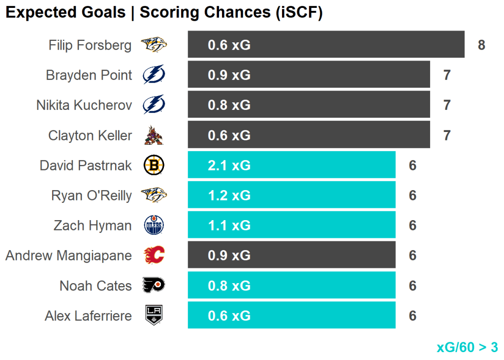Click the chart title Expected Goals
pos(65,12)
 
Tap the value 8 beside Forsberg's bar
pos(481,45)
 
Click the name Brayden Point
pos(89,75)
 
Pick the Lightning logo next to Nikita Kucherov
pos(154,105)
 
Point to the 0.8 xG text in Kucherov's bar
pos(229,105)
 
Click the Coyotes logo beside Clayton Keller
pos(154,135)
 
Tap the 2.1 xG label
pos(229,165)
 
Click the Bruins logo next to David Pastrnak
pos(154,165)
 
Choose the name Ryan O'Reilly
pos(92,196)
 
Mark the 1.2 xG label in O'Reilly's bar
pos(229,196)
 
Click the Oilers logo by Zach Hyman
pos(154,226)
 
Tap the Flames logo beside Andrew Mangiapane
pos(154,256)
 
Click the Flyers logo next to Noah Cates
pos(154,286)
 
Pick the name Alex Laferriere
pos(89,316)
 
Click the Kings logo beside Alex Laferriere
pos(154,316)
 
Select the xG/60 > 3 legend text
pos(467,347)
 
